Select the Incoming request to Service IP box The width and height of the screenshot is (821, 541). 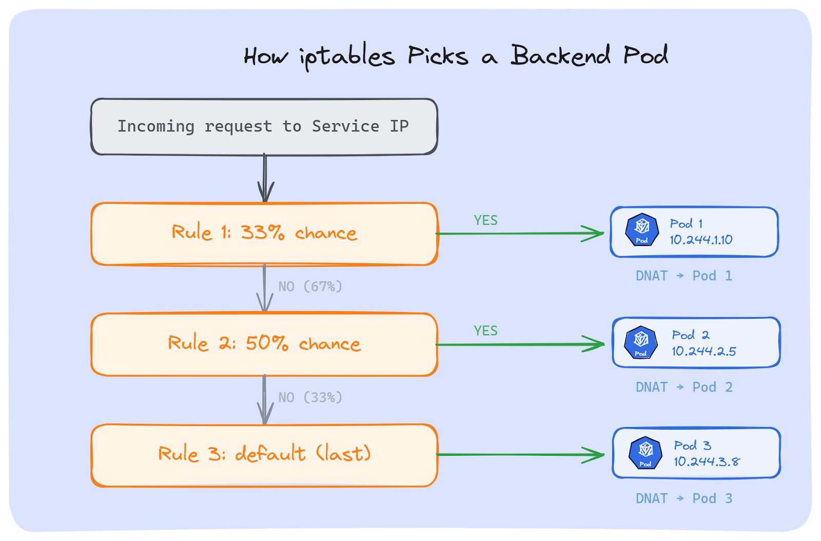pyautogui.click(x=264, y=126)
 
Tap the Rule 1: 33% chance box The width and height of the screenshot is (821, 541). pyautogui.click(x=264, y=234)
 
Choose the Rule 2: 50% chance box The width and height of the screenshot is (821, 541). pyautogui.click(x=264, y=344)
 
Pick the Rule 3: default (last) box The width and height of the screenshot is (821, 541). pyautogui.click(x=264, y=455)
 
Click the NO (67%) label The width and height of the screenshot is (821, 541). pyautogui.click(x=310, y=286)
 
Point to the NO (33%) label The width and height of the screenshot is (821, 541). pyautogui.click(x=310, y=397)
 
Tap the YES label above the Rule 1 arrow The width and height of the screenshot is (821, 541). pyautogui.click(x=485, y=220)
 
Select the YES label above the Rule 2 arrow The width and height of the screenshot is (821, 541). pyautogui.click(x=485, y=331)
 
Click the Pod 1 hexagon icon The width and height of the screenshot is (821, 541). pyautogui.click(x=642, y=229)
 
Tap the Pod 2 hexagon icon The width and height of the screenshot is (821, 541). pyautogui.click(x=641, y=342)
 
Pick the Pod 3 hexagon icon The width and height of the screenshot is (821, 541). pyautogui.click(x=646, y=453)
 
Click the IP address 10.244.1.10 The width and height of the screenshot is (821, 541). pyautogui.click(x=701, y=240)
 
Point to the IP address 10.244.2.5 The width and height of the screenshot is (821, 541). pyautogui.click(x=703, y=351)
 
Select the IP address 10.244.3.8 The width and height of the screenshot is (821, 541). pyautogui.click(x=707, y=461)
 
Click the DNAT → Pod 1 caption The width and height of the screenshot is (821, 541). pyautogui.click(x=683, y=276)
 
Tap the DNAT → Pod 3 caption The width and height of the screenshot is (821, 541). pyautogui.click(x=683, y=498)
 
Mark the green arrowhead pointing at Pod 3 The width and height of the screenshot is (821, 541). pyautogui.click(x=595, y=455)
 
